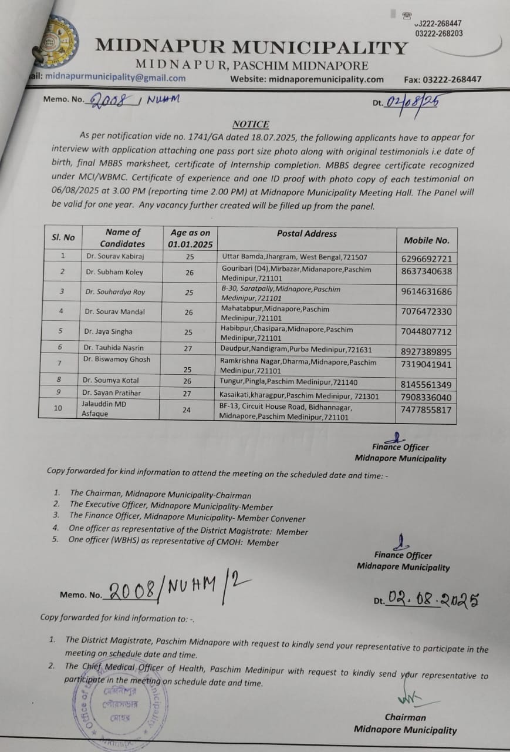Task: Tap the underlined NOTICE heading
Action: (x=251, y=124)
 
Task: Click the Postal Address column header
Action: (x=306, y=234)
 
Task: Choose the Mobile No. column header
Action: (x=426, y=240)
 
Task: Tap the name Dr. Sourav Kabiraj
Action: (x=113, y=257)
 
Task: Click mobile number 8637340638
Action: (x=427, y=271)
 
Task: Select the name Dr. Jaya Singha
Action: (x=109, y=332)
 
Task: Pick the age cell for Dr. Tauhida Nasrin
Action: (x=188, y=348)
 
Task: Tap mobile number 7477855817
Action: (x=427, y=411)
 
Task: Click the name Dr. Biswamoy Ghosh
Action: (x=117, y=359)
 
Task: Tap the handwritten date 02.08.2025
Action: (x=433, y=600)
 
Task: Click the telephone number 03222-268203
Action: (x=438, y=33)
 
